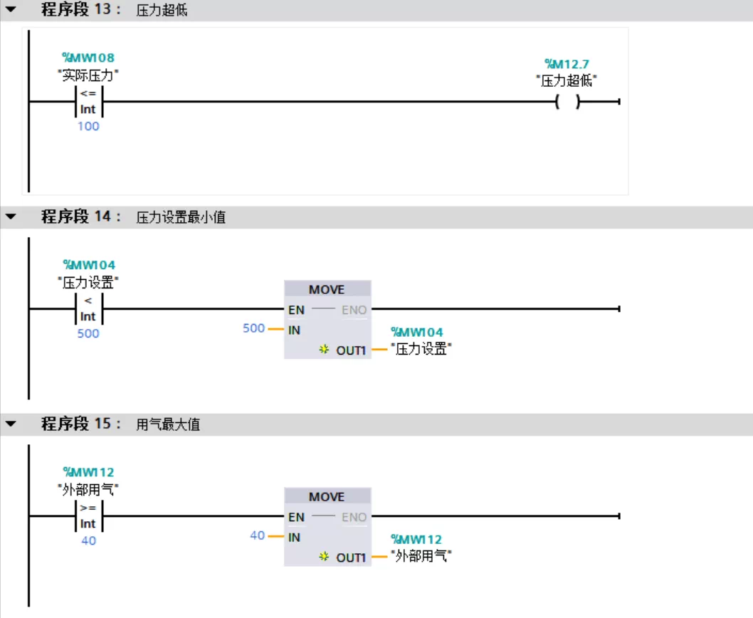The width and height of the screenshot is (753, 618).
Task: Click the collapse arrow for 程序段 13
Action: point(11,11)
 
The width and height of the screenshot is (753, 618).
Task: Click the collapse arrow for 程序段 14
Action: point(11,217)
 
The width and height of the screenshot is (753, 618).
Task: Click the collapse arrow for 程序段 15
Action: point(11,424)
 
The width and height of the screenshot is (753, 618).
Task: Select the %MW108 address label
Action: point(89,58)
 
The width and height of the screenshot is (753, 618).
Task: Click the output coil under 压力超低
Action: point(567,103)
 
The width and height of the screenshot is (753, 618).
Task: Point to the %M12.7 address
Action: point(567,64)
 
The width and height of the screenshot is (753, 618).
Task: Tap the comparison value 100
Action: point(88,126)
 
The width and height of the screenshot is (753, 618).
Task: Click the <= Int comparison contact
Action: point(88,103)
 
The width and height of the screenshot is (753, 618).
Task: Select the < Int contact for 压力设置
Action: point(88,309)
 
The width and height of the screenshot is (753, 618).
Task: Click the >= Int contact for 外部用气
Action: point(88,516)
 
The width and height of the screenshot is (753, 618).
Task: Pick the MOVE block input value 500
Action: point(253,328)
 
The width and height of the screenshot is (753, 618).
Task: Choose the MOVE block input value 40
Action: point(257,535)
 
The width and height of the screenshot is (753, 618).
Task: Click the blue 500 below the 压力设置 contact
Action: point(88,333)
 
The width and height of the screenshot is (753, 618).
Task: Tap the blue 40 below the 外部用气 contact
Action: point(88,540)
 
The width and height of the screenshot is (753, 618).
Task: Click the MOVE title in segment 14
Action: point(327,290)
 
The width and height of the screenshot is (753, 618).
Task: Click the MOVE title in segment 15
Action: point(327,497)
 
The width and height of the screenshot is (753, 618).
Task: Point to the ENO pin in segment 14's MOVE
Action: point(354,310)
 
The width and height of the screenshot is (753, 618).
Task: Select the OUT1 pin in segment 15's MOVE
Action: point(351,557)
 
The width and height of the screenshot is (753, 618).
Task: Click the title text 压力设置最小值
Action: point(181,218)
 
